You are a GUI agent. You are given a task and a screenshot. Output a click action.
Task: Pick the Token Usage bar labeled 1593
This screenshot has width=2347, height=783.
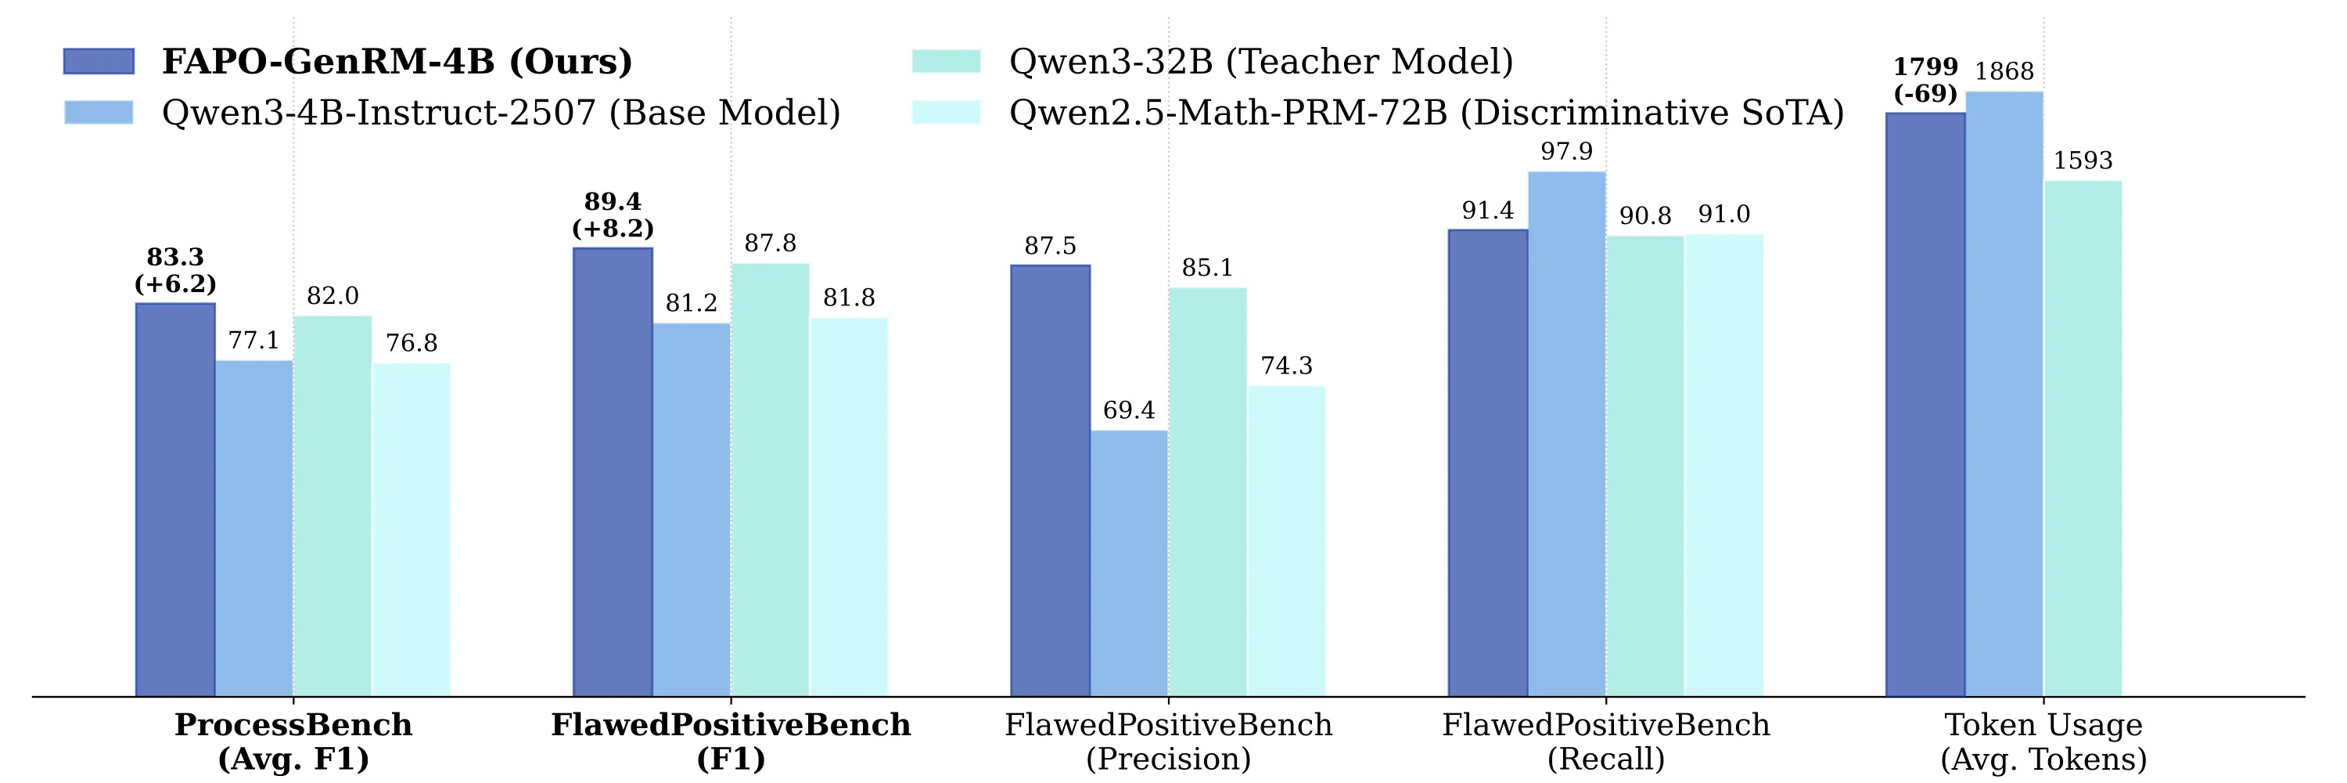pyautogui.click(x=2083, y=438)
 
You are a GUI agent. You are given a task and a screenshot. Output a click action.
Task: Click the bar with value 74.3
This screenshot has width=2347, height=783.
pyautogui.click(x=1286, y=542)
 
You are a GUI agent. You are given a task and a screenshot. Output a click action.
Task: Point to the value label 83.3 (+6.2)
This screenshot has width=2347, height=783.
pyautogui.click(x=175, y=271)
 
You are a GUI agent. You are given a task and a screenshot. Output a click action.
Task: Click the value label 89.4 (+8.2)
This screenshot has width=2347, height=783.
pyautogui.click(x=613, y=215)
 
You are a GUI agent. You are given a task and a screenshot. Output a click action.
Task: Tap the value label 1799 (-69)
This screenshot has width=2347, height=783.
pyautogui.click(x=1925, y=80)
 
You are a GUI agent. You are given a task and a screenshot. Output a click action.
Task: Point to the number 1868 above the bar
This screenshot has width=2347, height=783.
pyautogui.click(x=2004, y=71)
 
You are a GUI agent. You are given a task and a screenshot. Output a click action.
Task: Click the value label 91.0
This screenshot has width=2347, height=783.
pyautogui.click(x=1723, y=215)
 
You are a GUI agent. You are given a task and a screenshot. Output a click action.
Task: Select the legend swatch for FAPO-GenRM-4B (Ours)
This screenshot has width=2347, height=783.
pyautogui.click(x=99, y=61)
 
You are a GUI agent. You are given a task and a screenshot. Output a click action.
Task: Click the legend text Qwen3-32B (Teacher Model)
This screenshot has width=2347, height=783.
pyautogui.click(x=1261, y=61)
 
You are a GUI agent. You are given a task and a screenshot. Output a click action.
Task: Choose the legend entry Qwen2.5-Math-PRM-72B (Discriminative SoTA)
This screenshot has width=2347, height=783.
pyautogui.click(x=1426, y=113)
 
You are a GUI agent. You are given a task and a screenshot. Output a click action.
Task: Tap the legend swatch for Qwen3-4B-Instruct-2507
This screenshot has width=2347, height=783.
pyautogui.click(x=99, y=112)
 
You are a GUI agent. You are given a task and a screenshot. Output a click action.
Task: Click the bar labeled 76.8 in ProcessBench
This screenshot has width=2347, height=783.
pyautogui.click(x=411, y=529)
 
